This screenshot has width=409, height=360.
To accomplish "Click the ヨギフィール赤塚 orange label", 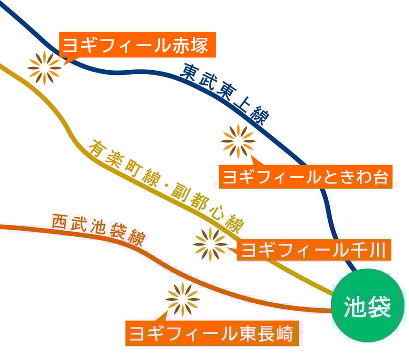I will [137, 45].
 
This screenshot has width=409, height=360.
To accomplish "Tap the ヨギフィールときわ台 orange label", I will [305, 176].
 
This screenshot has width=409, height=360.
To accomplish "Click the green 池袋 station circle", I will [368, 306].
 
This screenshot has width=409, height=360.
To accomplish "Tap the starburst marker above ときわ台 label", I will [238, 141].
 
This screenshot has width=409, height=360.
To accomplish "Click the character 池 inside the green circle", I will [356, 306].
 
